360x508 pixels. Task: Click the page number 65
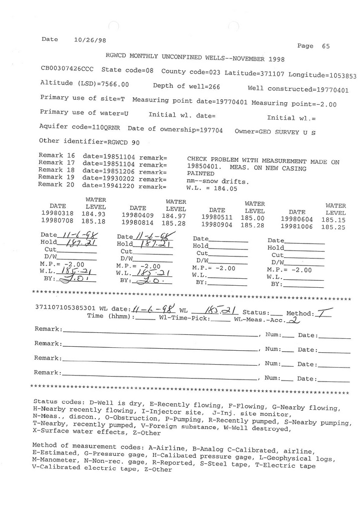coord(326,46)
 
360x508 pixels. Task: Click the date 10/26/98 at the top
coord(89,40)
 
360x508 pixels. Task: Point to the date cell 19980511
coord(217,217)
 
